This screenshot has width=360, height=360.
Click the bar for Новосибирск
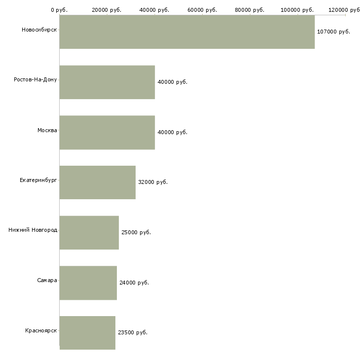(x=187, y=32)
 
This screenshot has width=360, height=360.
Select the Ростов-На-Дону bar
(x=107, y=82)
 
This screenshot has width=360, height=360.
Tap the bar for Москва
(x=107, y=133)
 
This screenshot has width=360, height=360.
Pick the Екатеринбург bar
(x=98, y=182)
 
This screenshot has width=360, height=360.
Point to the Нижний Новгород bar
(x=89, y=233)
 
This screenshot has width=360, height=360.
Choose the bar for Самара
(x=88, y=283)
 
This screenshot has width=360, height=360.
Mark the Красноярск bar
(x=87, y=333)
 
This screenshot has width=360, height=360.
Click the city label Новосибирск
(x=39, y=30)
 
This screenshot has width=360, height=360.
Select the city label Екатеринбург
(x=38, y=180)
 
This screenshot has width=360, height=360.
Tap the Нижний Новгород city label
(x=33, y=230)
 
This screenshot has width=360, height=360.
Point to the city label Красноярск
(x=41, y=330)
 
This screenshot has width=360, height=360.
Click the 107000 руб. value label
(x=333, y=32)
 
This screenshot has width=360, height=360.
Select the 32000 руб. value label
(x=153, y=182)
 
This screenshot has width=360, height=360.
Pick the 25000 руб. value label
(x=136, y=232)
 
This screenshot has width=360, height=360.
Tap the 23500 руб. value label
(x=133, y=332)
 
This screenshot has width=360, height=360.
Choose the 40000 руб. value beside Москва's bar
(x=173, y=132)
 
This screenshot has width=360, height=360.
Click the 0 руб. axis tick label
(x=59, y=10)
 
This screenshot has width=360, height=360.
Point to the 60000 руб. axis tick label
(x=202, y=10)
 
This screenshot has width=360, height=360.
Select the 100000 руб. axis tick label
(x=297, y=10)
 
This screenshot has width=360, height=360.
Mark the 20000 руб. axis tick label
(x=107, y=10)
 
